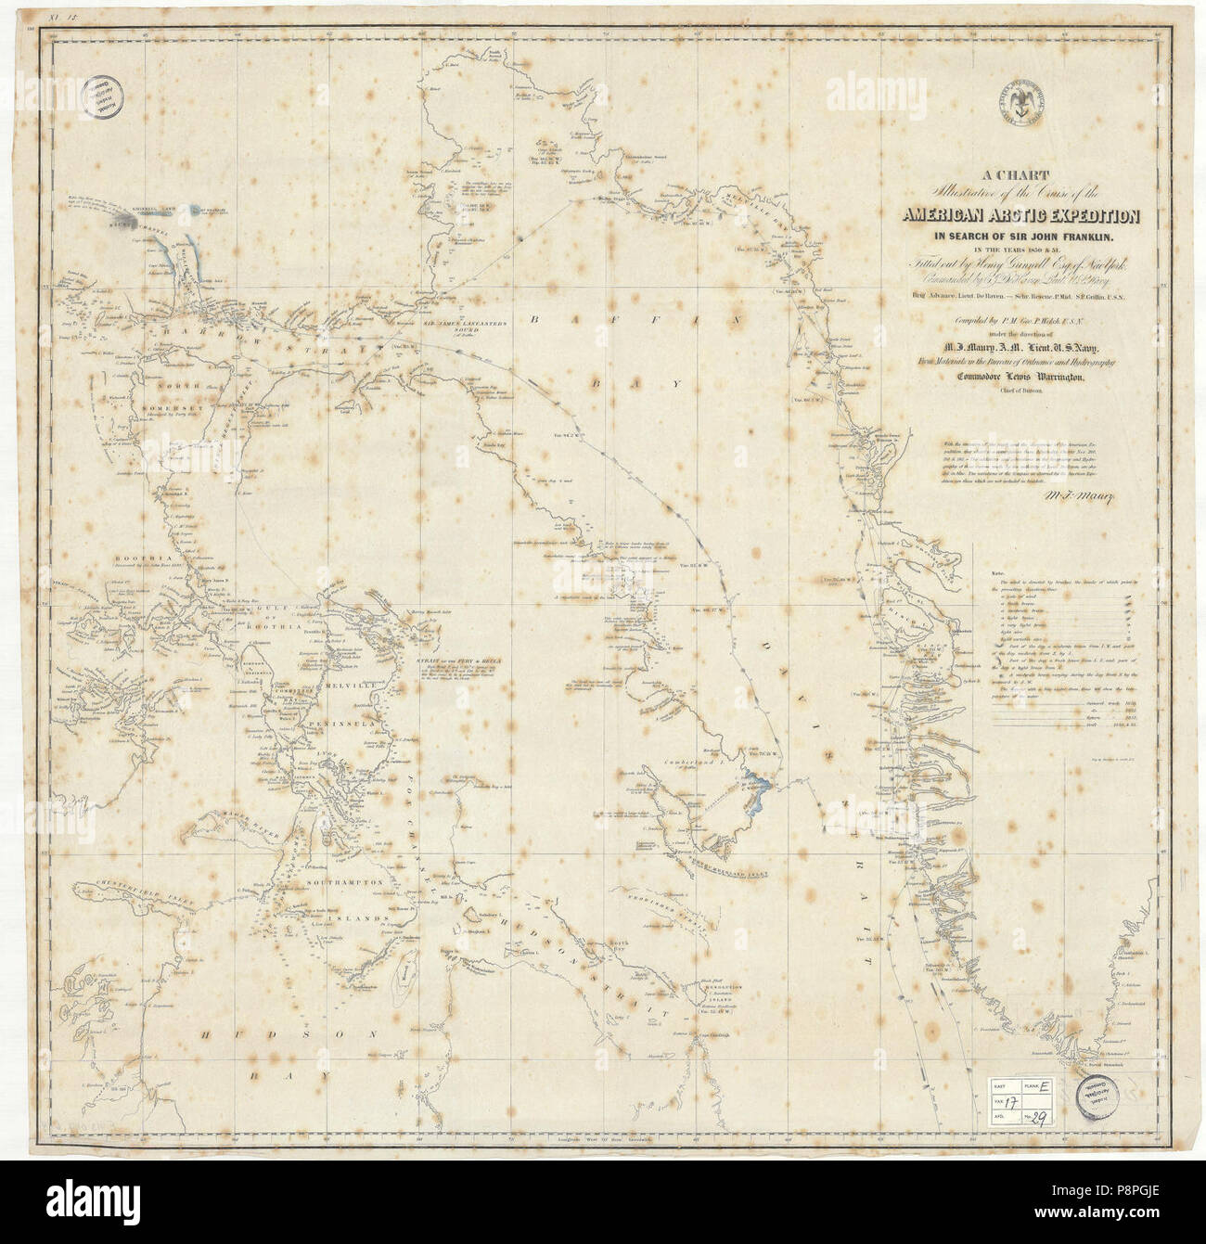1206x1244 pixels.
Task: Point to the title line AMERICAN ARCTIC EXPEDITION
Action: click(1023, 216)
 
